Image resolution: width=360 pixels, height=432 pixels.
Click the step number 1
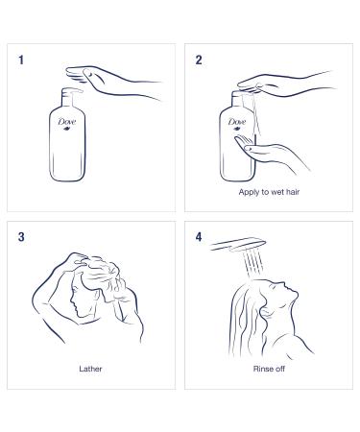[21, 60]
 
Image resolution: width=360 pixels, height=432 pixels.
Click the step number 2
[199, 60]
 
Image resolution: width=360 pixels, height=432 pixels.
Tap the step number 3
[21, 237]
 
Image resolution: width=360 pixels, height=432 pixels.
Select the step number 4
[199, 237]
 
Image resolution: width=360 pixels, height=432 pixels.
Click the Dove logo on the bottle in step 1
[67, 123]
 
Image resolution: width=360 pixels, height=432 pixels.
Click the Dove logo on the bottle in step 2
[237, 123]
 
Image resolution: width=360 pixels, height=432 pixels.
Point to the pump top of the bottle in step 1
[71, 95]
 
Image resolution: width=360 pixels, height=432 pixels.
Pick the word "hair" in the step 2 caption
[292, 192]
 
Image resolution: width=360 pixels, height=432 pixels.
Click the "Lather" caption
[90, 369]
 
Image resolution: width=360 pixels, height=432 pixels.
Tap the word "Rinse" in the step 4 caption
[261, 369]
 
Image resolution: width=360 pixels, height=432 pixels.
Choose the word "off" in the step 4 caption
[279, 369]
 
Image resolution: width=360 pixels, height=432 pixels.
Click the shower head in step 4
[238, 245]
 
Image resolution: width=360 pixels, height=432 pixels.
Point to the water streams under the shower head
[253, 264]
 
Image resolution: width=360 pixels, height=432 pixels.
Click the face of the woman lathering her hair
[76, 298]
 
